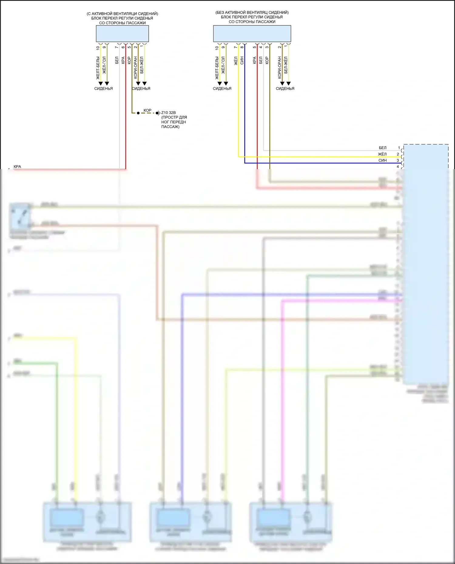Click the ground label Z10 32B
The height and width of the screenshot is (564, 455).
[168, 113]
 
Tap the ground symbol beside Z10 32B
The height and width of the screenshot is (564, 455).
[158, 113]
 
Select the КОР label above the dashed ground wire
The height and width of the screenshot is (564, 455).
[147, 110]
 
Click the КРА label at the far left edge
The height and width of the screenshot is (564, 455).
[17, 167]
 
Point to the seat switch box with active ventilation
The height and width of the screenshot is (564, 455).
[122, 34]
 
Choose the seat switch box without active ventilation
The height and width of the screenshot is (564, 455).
[252, 34]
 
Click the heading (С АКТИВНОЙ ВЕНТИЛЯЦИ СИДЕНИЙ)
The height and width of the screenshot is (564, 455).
[122, 14]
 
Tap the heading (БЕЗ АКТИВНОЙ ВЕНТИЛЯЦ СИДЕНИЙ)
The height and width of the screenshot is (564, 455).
[252, 12]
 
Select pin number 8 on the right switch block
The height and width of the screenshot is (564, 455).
[242, 47]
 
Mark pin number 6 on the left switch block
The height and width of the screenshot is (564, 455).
[123, 47]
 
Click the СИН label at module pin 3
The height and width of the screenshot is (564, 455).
[383, 160]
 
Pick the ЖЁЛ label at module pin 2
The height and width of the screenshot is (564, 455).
[382, 154]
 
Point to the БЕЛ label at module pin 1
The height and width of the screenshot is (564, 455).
[383, 148]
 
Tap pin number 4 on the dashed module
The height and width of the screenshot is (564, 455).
[398, 167]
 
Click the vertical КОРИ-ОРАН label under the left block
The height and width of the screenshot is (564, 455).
[135, 67]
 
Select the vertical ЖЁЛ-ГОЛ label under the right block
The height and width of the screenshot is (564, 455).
[223, 65]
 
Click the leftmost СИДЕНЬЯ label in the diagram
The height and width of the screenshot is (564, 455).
[103, 88]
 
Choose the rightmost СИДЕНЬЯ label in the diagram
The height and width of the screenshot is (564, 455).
[285, 88]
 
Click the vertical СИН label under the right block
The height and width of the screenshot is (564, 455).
[242, 60]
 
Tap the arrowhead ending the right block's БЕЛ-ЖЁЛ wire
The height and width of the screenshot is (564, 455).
[288, 83]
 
